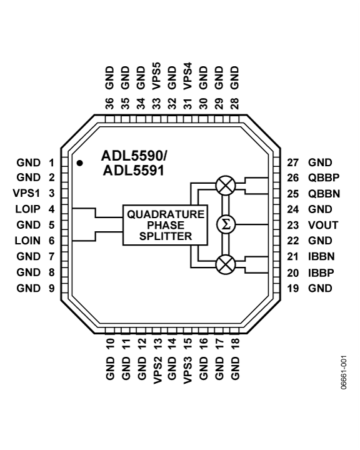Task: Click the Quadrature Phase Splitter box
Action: coord(165,225)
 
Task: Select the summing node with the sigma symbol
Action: coord(226,225)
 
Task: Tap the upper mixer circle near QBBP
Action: coord(226,185)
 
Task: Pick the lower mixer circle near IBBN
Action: coord(226,264)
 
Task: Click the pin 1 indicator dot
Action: coord(80,163)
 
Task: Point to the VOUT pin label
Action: coord(323,225)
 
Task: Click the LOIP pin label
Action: coord(28,209)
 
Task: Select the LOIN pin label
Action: coord(28,241)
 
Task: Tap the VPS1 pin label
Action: coord(26,193)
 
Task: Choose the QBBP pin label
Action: coord(324,178)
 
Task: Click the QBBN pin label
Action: coord(324,194)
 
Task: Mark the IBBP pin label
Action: coord(321,273)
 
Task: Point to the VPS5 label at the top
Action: coord(157,76)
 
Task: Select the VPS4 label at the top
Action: coord(187,76)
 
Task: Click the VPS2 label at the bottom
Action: coord(158,370)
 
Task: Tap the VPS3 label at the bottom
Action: coord(187,370)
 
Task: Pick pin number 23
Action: coord(293,225)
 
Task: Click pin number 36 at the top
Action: coord(109,104)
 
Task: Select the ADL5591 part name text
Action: coord(134,171)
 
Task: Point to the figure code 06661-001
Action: coord(344,372)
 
